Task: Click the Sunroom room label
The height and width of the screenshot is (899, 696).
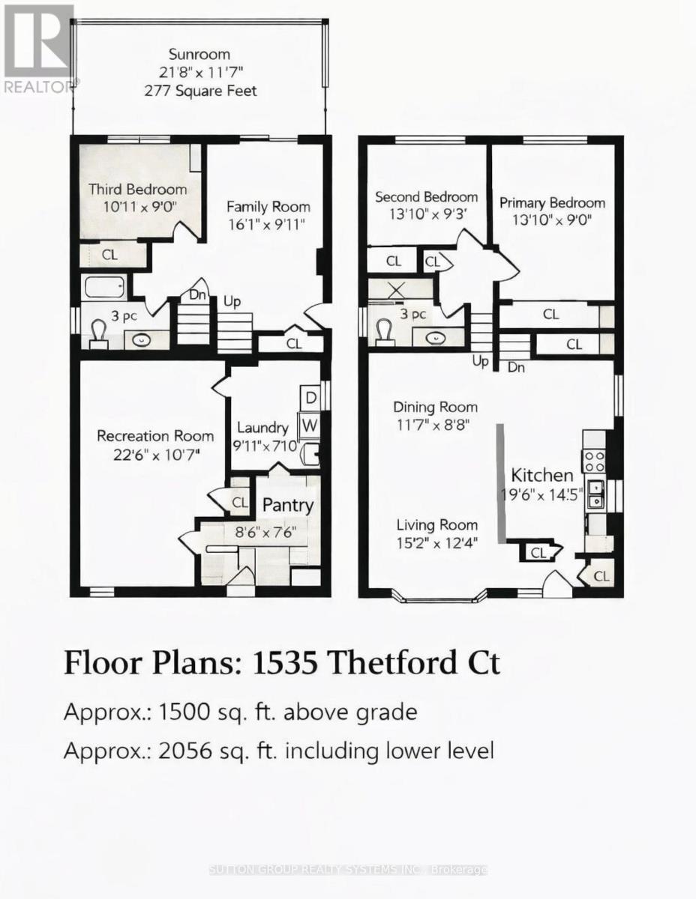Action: tap(199, 54)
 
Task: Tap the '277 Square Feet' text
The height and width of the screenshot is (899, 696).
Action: tap(200, 91)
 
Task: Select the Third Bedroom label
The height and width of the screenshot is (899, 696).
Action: tap(138, 190)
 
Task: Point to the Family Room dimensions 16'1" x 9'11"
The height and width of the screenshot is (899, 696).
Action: tap(267, 225)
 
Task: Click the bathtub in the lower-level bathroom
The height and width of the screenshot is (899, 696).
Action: tap(105, 286)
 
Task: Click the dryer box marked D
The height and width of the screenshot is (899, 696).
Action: tap(310, 398)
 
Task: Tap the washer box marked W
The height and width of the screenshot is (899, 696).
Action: tap(310, 425)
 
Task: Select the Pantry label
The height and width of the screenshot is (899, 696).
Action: tap(288, 506)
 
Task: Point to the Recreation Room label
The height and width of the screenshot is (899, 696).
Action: tap(155, 436)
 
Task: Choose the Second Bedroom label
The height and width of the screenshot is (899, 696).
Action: tap(427, 197)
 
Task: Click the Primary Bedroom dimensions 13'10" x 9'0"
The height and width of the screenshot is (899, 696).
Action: tap(552, 220)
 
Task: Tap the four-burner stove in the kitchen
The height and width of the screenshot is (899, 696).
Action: tap(594, 461)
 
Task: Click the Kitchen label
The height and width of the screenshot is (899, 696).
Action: tap(542, 476)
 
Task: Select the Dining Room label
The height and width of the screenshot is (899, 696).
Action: tap(435, 408)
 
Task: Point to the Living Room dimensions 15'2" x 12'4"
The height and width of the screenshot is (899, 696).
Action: tap(437, 543)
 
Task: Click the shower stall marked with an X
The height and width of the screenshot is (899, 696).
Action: tap(397, 290)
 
